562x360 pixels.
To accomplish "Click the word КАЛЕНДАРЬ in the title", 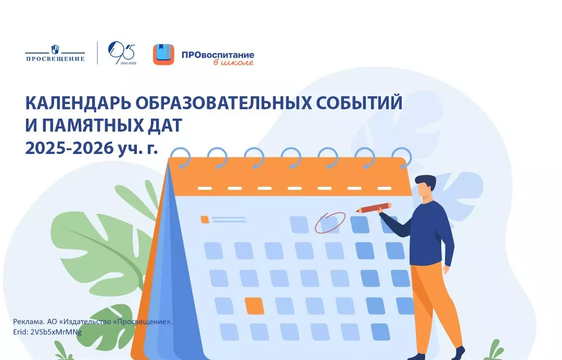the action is tap(78, 103).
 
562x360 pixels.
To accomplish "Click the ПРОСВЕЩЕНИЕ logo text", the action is tap(55, 58).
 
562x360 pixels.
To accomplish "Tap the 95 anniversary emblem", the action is tap(122, 53).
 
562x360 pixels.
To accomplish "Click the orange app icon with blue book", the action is tap(163, 55).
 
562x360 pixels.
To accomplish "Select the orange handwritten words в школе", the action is tap(233, 62).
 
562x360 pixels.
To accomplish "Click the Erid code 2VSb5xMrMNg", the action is tap(56, 332).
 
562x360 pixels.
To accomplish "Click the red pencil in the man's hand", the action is tap(373, 208).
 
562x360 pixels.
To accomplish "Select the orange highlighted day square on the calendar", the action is tap(254, 306).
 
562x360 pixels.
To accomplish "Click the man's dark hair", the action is tap(427, 181).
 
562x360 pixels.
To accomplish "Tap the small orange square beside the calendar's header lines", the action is tap(205, 219).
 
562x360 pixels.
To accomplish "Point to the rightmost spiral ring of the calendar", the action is tap(402, 158).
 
